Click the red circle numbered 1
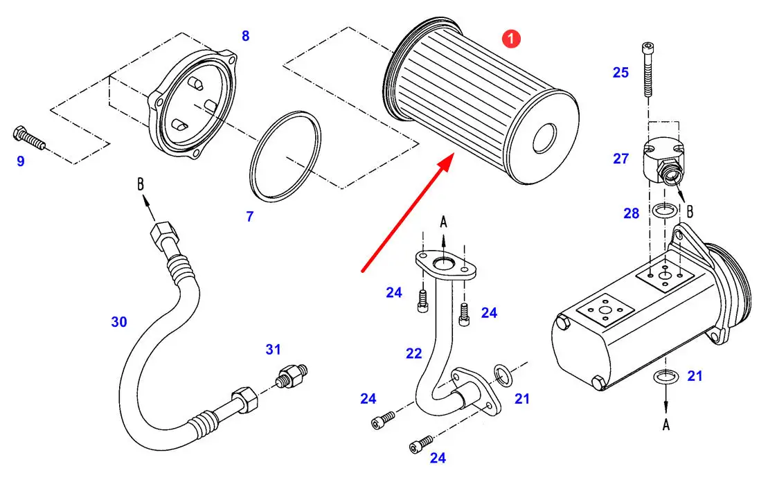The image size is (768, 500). pyautogui.click(x=511, y=40)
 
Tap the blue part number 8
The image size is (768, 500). pyautogui.click(x=245, y=36)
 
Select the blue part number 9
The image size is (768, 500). pyautogui.click(x=21, y=161)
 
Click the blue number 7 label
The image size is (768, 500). pyautogui.click(x=250, y=217)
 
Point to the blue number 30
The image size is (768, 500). pyautogui.click(x=119, y=321)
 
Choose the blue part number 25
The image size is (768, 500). pyautogui.click(x=620, y=72)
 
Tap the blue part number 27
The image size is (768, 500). pyautogui.click(x=620, y=159)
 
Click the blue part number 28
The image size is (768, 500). pyautogui.click(x=631, y=213)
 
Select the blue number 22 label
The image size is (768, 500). pyautogui.click(x=413, y=353)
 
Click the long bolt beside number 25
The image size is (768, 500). pyautogui.click(x=648, y=69)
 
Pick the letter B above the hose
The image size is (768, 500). pyautogui.click(x=140, y=186)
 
